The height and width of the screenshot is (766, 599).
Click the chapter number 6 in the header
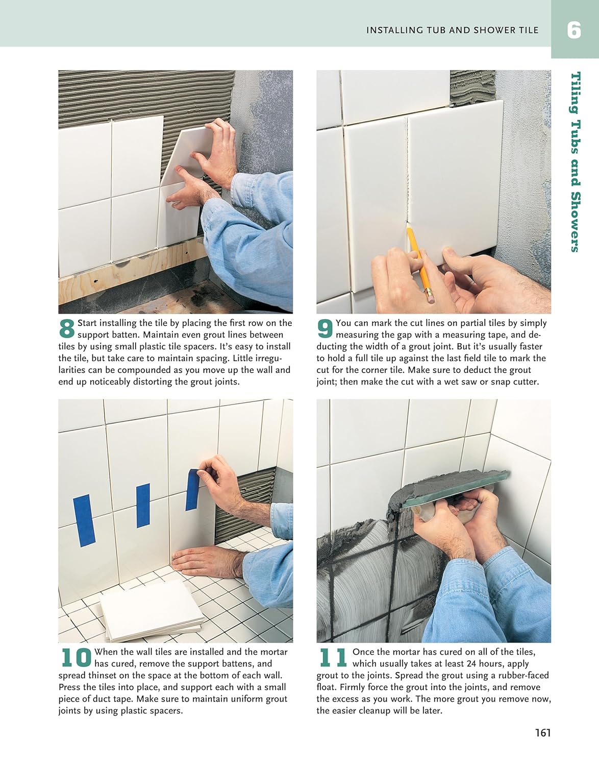[x=574, y=30]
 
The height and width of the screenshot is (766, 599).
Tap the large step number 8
[x=67, y=328]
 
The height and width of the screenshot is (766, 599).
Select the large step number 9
[x=325, y=328]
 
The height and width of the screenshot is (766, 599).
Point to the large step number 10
[x=76, y=657]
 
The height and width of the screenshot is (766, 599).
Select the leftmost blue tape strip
[x=85, y=520]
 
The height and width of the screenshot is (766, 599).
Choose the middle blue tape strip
[x=143, y=506]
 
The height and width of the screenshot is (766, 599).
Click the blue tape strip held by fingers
[x=192, y=489]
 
